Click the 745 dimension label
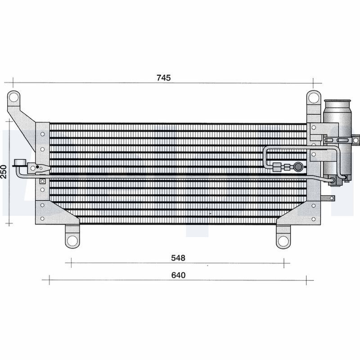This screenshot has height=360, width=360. (164, 78)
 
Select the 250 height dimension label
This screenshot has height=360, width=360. (4, 171)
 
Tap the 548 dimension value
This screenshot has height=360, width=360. (178, 258)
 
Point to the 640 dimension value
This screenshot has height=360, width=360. (178, 275)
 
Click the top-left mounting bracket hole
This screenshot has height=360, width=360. (14, 98)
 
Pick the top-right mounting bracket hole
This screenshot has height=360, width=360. (313, 98)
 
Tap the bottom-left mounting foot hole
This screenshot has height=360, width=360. (72, 241)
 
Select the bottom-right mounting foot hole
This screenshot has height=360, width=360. (283, 241)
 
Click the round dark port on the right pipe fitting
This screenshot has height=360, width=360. (298, 166)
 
